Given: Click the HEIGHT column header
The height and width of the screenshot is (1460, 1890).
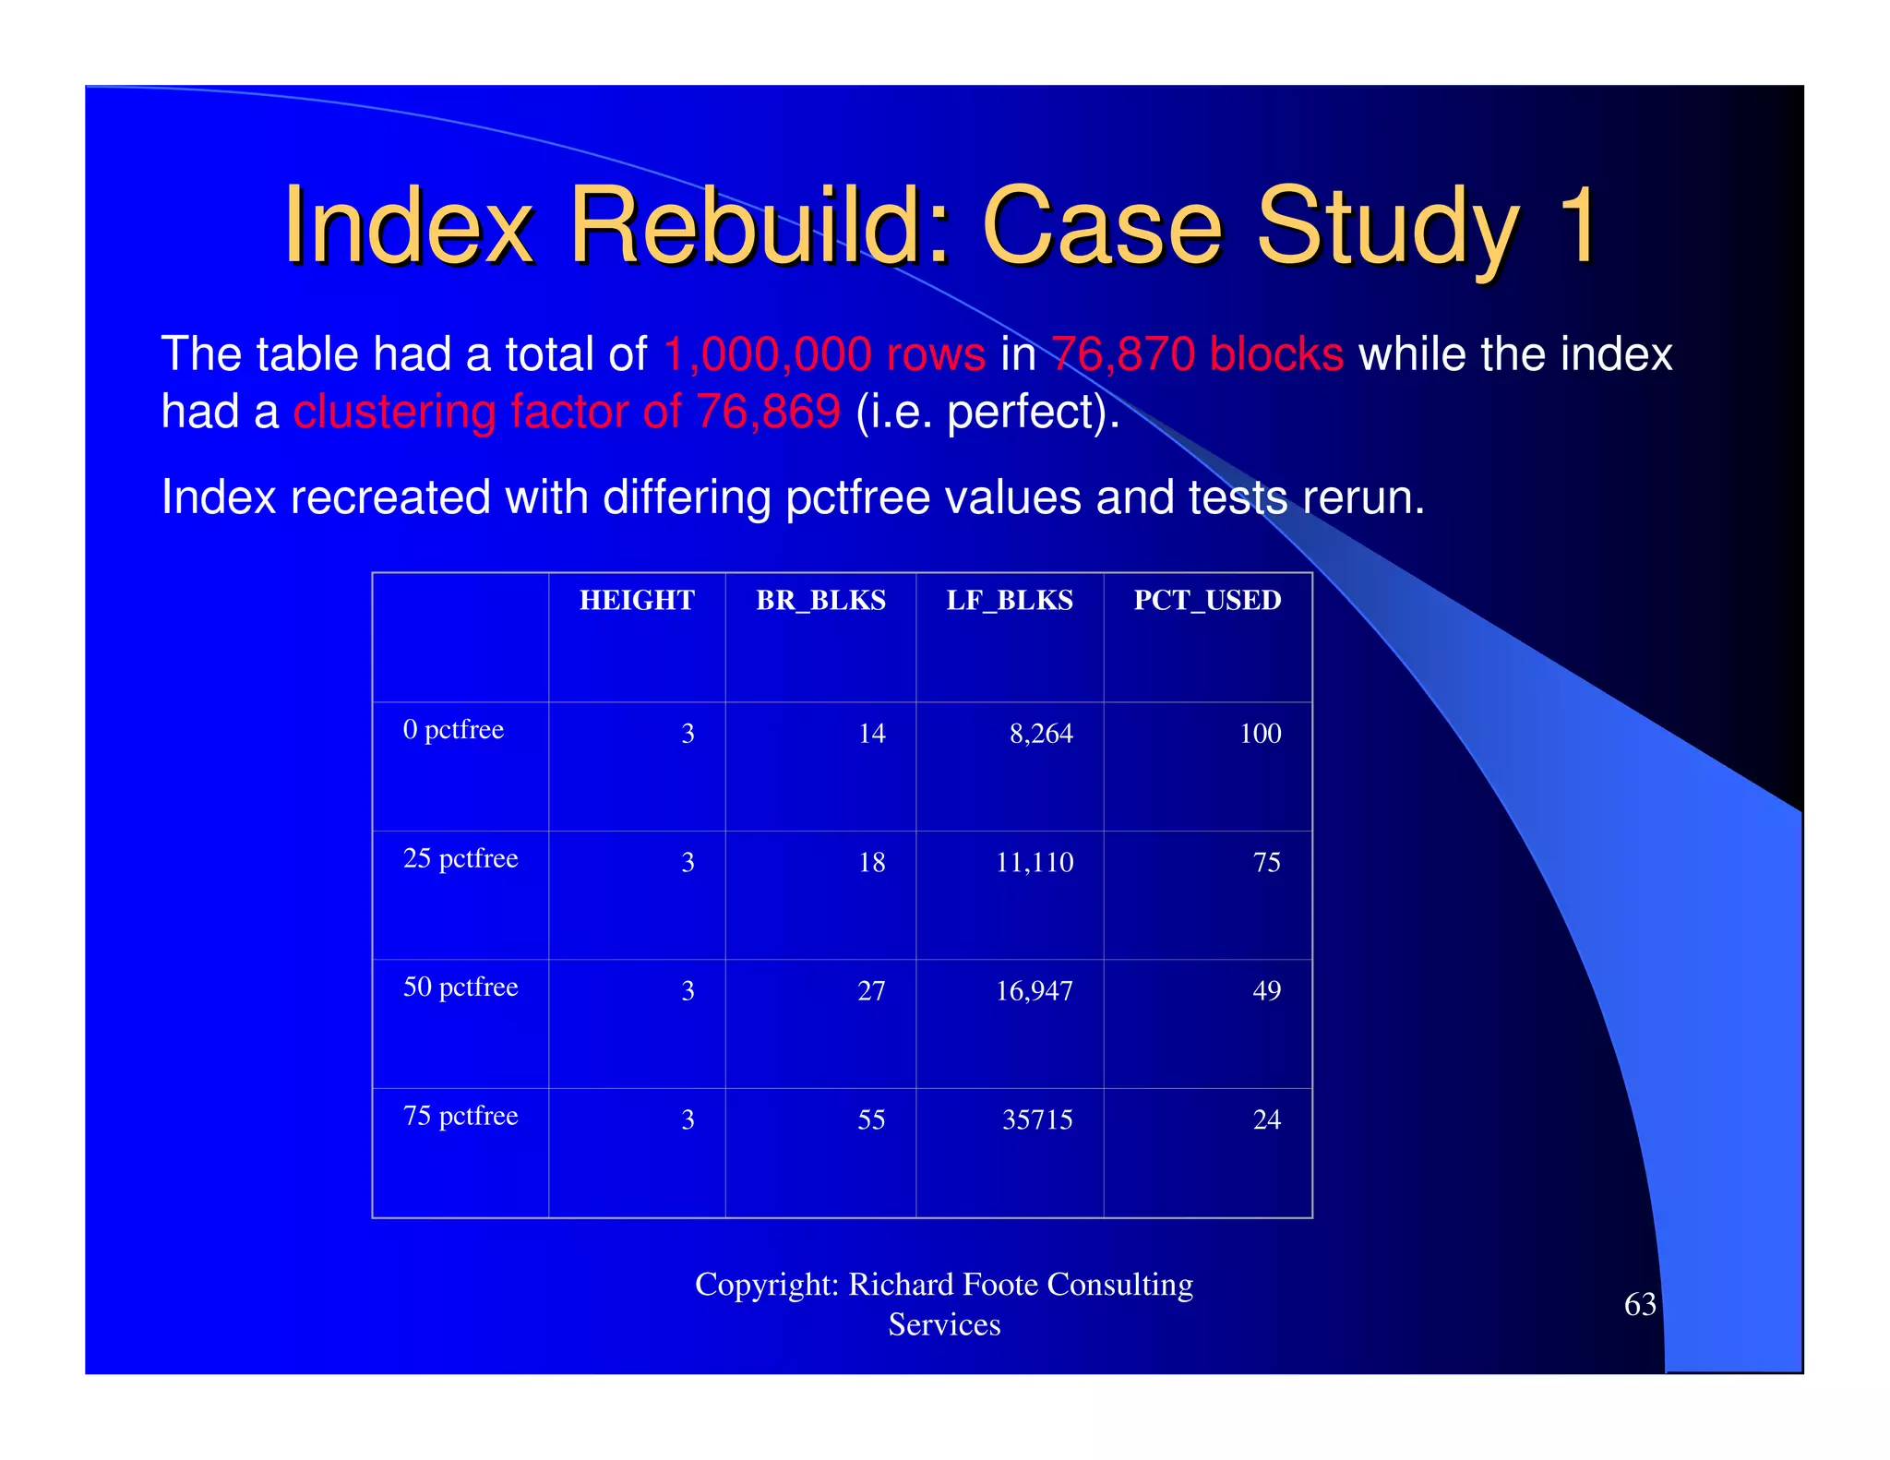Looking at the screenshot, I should click(637, 601).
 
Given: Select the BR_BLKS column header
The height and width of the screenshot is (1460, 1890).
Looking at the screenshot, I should click(820, 601).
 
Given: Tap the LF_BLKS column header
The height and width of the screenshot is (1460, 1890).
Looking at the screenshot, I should click(1010, 601).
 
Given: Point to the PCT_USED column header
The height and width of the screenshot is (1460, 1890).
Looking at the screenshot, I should click(1207, 601).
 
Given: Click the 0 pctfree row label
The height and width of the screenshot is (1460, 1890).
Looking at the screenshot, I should click(453, 730).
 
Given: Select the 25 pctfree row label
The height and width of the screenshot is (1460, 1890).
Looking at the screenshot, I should click(461, 859).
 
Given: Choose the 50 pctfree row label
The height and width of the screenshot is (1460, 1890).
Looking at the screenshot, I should click(461, 987).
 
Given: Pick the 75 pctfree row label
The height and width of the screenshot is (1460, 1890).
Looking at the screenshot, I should click(461, 1117).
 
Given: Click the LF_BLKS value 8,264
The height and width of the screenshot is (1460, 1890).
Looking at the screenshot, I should click(1041, 734).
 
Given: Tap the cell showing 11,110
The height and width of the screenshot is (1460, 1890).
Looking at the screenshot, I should click(1035, 863).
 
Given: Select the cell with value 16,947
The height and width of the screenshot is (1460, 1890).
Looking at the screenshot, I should click(1035, 991).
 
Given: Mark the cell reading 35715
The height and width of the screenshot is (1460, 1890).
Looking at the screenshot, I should click(1037, 1120).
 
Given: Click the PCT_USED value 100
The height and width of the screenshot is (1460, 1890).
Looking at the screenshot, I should click(1260, 734).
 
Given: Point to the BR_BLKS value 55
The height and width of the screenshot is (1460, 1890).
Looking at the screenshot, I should click(871, 1120).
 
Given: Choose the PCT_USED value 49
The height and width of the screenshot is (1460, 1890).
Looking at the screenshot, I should click(1266, 991).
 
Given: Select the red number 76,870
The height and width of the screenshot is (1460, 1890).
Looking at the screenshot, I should click(1123, 355).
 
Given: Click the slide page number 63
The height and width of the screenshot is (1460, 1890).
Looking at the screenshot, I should click(1640, 1305).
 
